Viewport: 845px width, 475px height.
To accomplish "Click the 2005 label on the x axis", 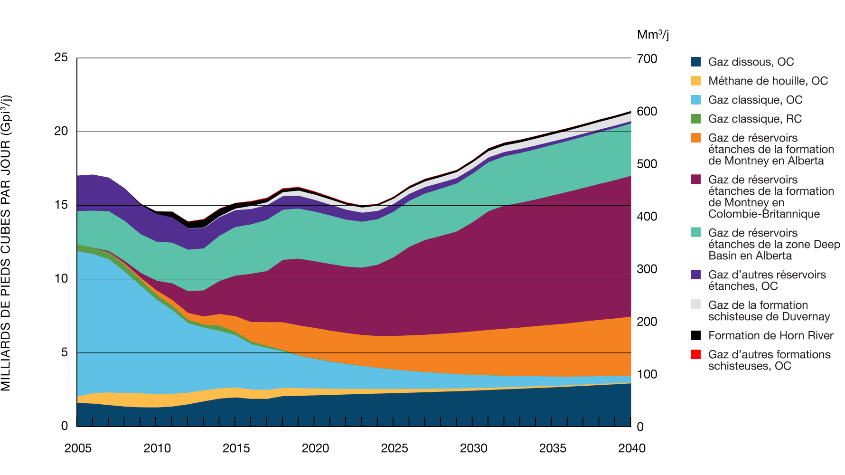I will tap(78, 448).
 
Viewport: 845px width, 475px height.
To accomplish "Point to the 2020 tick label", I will tap(315, 448).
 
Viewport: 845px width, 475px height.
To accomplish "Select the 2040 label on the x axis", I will tap(632, 448).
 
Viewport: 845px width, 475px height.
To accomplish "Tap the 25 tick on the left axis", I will tap(61, 57).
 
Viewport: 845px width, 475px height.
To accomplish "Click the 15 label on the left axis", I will tap(61, 205).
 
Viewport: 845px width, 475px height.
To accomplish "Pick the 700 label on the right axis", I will tap(647, 59).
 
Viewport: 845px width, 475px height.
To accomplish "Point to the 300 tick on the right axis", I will tap(647, 269).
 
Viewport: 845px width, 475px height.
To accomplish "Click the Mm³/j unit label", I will tap(653, 35).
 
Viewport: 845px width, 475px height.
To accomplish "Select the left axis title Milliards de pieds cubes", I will tap(6, 242).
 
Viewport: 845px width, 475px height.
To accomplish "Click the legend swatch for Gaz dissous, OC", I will tap(696, 62).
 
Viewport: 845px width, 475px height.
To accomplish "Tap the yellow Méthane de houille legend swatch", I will tap(696, 81).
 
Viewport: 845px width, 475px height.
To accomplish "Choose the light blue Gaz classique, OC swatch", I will tap(696, 100).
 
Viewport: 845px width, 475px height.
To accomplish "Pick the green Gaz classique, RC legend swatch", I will tap(696, 119).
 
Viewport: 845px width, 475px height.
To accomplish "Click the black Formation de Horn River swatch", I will tap(696, 335).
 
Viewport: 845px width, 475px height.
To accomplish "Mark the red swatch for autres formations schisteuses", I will tap(696, 354).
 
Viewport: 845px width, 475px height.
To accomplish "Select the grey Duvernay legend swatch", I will tap(696, 304).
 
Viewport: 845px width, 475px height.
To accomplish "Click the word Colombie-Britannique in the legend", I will tap(764, 214).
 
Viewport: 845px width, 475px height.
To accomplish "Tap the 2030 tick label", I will tap(473, 448).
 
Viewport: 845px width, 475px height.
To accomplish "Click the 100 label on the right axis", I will tap(647, 374).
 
